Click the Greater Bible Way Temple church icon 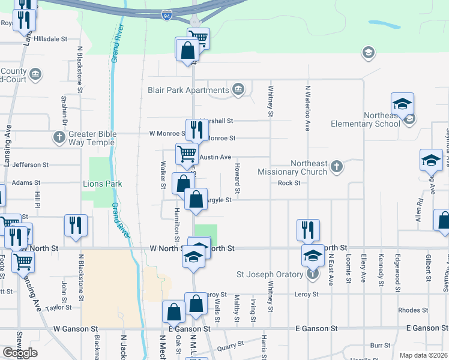59,137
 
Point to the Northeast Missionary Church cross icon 337,166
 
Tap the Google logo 20,353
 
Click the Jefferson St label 30,164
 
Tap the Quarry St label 231,344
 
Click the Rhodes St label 412,310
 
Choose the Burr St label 380,345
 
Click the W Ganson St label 76,329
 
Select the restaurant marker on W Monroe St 196,130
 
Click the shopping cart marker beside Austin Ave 187,154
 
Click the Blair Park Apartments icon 238,90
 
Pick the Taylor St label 59,307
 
